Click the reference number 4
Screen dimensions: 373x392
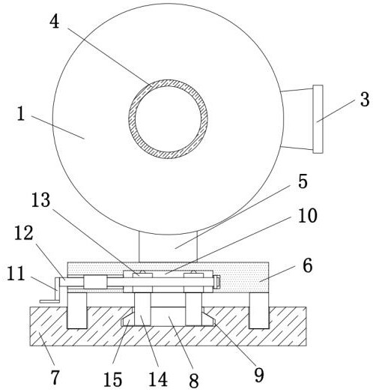click(x=54, y=22)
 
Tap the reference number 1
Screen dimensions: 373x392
click(x=21, y=114)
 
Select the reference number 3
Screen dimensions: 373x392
click(x=365, y=100)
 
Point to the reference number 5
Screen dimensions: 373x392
click(x=303, y=181)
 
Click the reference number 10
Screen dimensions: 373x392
click(x=308, y=216)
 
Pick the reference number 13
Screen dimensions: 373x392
click(x=40, y=200)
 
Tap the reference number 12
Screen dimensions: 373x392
click(x=24, y=233)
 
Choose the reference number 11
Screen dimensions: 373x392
click(x=16, y=274)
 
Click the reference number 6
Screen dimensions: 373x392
click(x=308, y=265)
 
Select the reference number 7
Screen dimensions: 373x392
click(x=55, y=377)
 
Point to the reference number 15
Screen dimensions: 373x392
click(x=112, y=379)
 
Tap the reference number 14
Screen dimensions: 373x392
click(x=158, y=379)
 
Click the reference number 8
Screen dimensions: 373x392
click(x=194, y=381)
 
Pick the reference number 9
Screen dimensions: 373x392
click(x=259, y=375)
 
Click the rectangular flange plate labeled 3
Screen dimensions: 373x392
click(x=318, y=119)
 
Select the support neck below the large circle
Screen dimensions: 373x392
click(x=168, y=247)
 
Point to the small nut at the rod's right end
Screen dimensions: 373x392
click(x=217, y=282)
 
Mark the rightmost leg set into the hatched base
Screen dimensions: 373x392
click(x=259, y=310)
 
